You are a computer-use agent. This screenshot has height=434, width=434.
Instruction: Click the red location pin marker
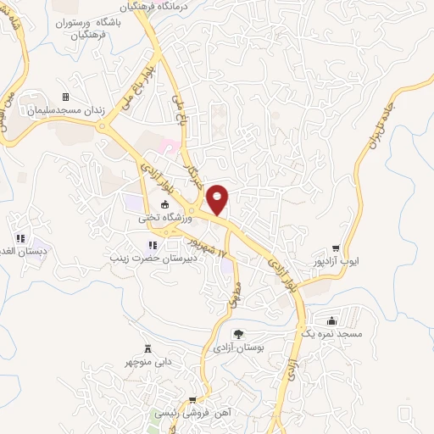click(218, 198)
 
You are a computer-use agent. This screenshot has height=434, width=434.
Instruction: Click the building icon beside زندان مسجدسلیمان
click(66, 97)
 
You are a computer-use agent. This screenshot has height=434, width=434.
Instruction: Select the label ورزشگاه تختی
click(165, 217)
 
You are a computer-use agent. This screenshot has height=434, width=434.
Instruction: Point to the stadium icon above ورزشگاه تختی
click(165, 203)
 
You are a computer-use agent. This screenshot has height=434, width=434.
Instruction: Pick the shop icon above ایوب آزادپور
click(336, 248)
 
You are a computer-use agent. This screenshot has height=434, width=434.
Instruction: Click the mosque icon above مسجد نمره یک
click(331, 320)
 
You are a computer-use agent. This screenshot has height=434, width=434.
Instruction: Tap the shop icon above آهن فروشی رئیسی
click(193, 400)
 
